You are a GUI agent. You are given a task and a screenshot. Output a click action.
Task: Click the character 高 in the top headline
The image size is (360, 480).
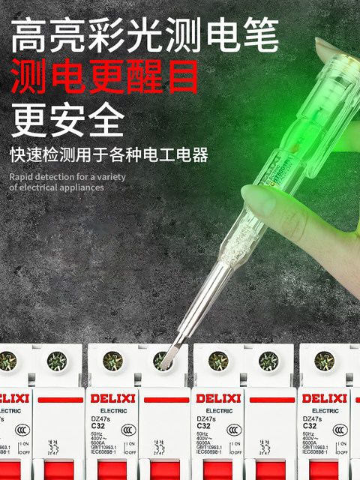(x=31, y=34)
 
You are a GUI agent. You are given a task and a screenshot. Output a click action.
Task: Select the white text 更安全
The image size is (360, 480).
(x=67, y=118)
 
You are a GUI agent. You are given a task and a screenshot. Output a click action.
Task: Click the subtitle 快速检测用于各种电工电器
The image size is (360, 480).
(x=109, y=155)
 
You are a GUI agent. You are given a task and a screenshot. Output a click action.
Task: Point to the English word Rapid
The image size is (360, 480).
(x=23, y=177)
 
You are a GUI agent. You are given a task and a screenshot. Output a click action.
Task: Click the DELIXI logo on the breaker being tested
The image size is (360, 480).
(x=113, y=397)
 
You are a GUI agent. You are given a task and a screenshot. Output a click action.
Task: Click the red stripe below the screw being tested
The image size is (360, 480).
(x=166, y=397)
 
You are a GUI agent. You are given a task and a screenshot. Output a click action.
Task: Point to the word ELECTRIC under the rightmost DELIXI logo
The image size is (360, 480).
(x=324, y=411)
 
